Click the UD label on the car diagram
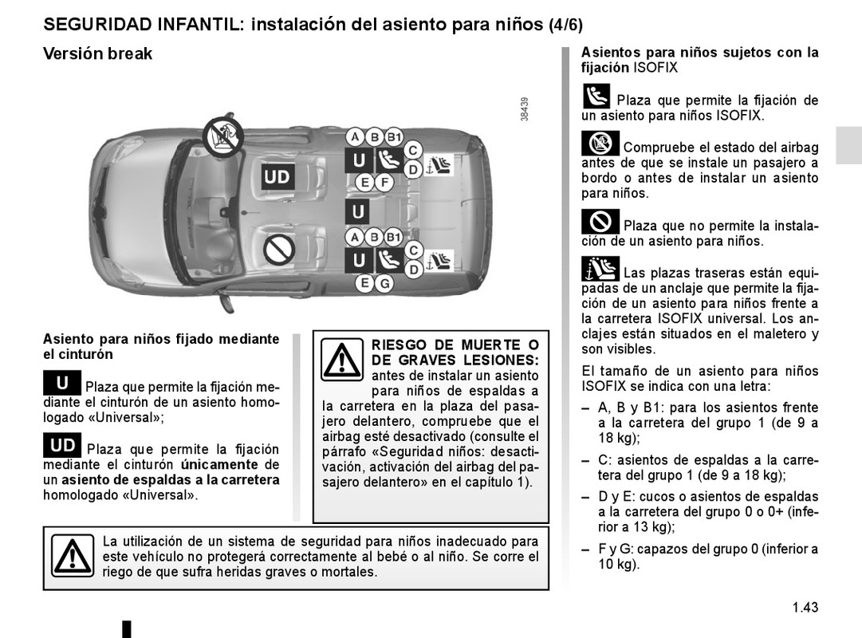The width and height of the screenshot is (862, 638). [277, 176]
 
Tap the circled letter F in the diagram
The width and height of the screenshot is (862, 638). [384, 182]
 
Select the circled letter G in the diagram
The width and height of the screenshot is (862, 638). [385, 284]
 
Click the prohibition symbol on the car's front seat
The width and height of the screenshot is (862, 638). [280, 249]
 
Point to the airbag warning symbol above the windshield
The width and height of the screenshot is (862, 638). [222, 136]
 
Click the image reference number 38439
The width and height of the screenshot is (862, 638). [525, 109]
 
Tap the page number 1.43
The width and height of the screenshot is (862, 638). [805, 607]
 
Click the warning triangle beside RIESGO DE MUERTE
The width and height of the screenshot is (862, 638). [342, 359]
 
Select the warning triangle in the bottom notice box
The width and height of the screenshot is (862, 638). [73, 555]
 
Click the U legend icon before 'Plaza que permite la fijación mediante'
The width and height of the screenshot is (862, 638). [62, 383]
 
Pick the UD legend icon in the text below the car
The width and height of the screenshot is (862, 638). [62, 445]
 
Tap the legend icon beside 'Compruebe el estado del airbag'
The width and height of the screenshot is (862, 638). [600, 144]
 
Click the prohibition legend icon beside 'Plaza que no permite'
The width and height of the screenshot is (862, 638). [600, 222]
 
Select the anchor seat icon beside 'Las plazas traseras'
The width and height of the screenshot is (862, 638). [600, 269]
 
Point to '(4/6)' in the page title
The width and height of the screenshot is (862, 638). [565, 25]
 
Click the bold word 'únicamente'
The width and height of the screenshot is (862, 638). [219, 464]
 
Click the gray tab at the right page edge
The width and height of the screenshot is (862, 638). [848, 145]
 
